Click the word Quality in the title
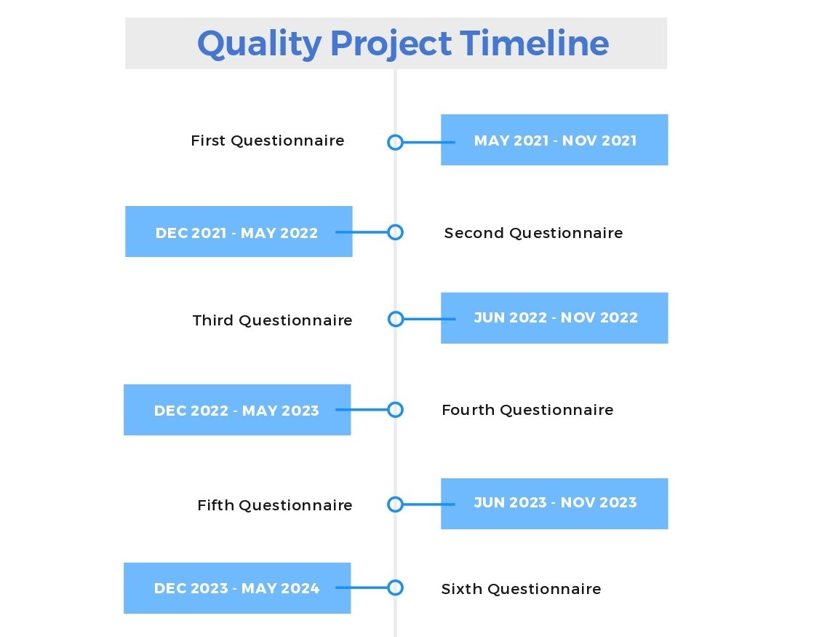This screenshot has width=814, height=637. [x=260, y=44]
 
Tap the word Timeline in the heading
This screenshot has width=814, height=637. [x=534, y=43]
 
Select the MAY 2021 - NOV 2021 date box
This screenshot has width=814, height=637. [x=554, y=140]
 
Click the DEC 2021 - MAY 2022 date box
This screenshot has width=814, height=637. [x=239, y=232]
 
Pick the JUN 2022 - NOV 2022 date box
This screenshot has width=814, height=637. [x=554, y=318]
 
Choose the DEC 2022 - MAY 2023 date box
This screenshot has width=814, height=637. [x=237, y=410]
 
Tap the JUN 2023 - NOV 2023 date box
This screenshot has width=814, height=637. [x=554, y=504]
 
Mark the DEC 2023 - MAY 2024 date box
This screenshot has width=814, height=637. [x=237, y=588]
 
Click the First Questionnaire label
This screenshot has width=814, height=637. [x=268, y=141]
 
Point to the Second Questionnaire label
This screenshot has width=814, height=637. [x=533, y=233]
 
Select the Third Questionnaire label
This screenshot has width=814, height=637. [x=272, y=320]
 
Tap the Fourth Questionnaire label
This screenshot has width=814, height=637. [x=527, y=410]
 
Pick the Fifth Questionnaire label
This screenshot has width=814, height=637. [x=275, y=505]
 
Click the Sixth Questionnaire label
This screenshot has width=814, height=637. [x=522, y=589]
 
